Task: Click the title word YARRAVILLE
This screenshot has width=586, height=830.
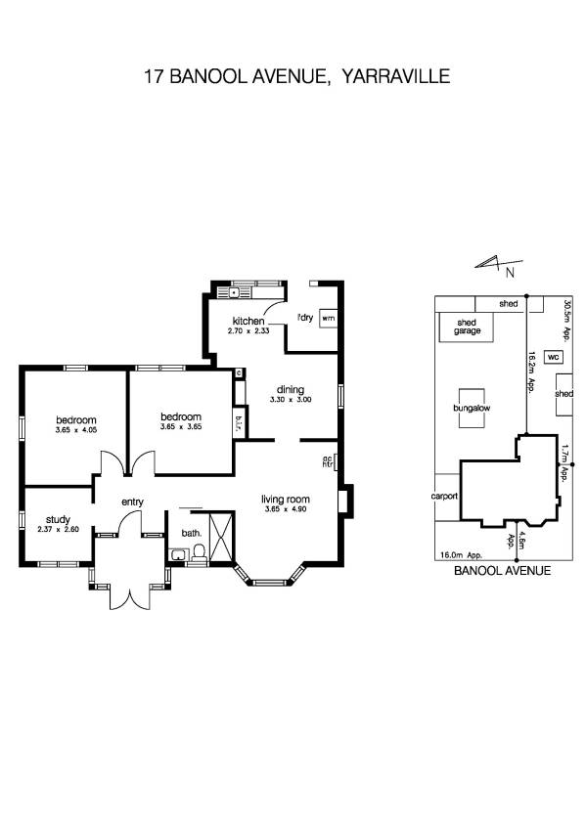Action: point(391,76)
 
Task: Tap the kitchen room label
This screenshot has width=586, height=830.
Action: point(248,322)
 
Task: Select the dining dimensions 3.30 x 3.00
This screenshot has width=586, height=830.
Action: point(291,399)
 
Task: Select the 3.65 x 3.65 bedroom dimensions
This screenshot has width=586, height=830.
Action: point(181,427)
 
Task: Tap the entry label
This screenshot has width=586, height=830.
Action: point(132,502)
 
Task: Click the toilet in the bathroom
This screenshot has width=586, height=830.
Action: point(201,554)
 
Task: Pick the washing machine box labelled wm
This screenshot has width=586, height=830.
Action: point(329,319)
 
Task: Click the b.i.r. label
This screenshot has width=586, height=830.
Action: point(239,422)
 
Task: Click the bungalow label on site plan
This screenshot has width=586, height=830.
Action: point(472,408)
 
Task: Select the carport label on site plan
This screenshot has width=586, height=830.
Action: point(445,496)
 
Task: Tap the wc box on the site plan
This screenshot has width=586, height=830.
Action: point(553,358)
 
